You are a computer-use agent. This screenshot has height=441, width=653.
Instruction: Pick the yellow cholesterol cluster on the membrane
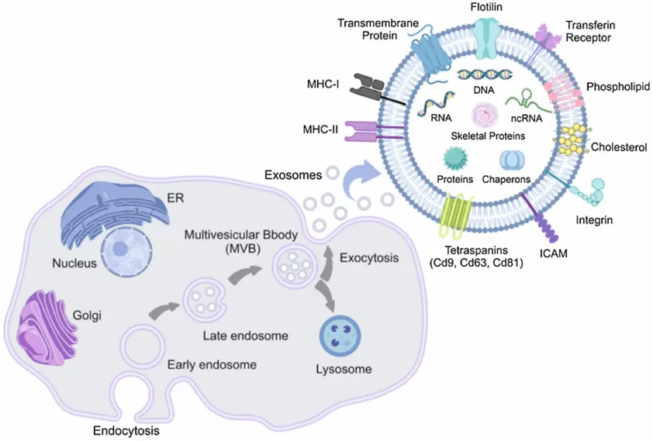pos(572,139)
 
